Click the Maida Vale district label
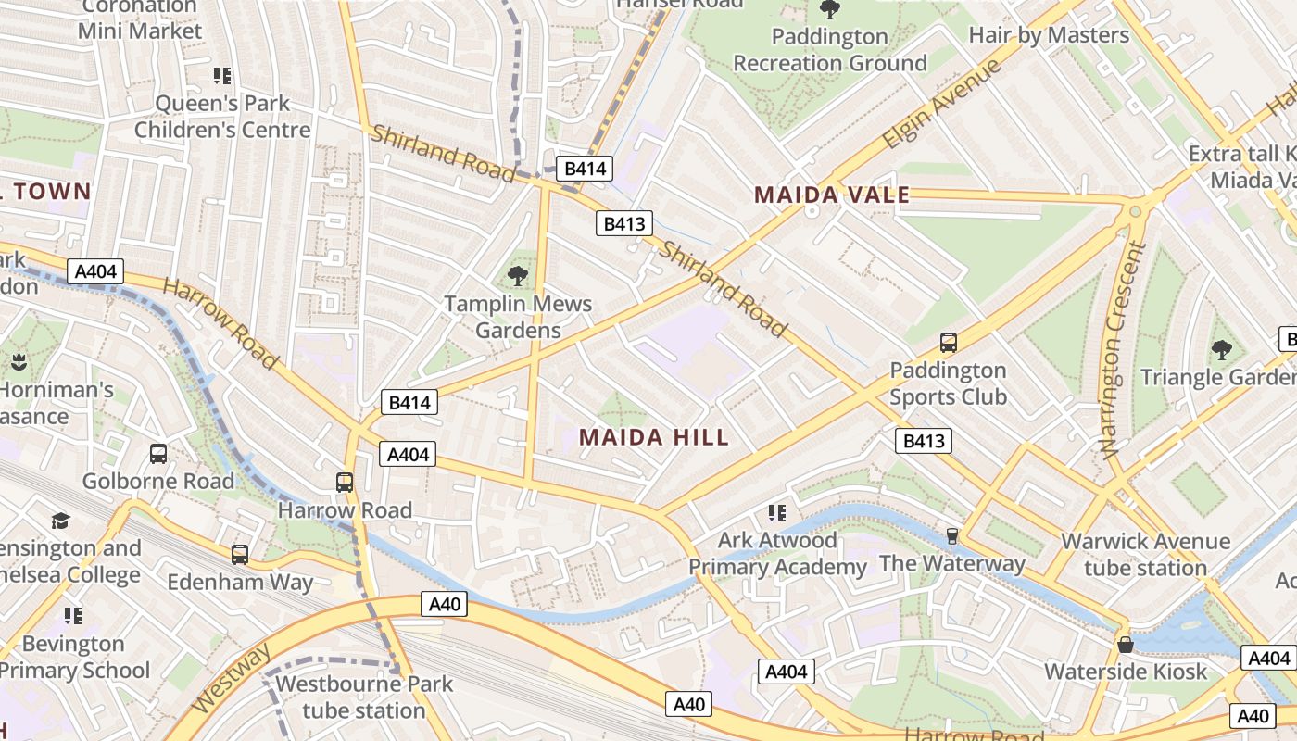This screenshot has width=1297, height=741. (831, 195)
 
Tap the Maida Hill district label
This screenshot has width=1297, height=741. (654, 437)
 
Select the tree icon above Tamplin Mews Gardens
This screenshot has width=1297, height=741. (518, 275)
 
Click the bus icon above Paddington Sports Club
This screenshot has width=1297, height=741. (948, 342)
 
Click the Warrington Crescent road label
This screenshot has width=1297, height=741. (1122, 350)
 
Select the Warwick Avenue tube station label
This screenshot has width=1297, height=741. (1145, 554)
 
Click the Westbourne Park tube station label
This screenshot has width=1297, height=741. (364, 697)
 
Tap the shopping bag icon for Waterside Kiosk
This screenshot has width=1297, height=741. (1126, 644)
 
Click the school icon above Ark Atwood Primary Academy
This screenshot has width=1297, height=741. (777, 512)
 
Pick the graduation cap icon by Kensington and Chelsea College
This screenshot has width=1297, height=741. (60, 521)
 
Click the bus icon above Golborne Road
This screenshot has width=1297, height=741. (158, 454)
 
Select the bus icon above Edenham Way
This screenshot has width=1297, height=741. (240, 555)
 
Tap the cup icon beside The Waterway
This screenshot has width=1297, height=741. (951, 536)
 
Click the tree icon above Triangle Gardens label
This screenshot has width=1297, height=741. (1222, 349)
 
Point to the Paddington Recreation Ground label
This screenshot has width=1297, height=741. (830, 50)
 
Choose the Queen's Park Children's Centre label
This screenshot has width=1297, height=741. (222, 117)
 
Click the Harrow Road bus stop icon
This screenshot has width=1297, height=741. (345, 482)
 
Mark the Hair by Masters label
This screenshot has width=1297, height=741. (1049, 35)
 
